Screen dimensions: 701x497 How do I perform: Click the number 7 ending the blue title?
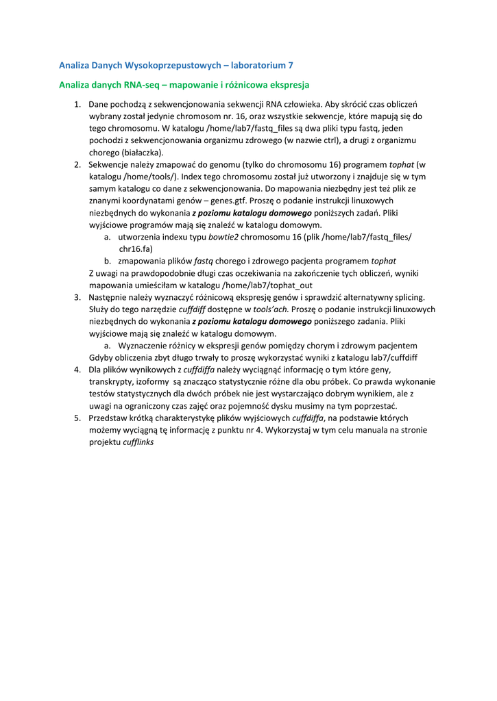pos(290,66)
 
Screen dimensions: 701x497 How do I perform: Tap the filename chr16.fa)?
pos(135,248)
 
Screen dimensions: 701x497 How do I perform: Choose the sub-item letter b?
pos(108,261)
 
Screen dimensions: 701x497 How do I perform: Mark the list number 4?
pos(77,370)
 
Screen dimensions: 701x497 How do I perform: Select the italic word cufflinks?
pos(138,442)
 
